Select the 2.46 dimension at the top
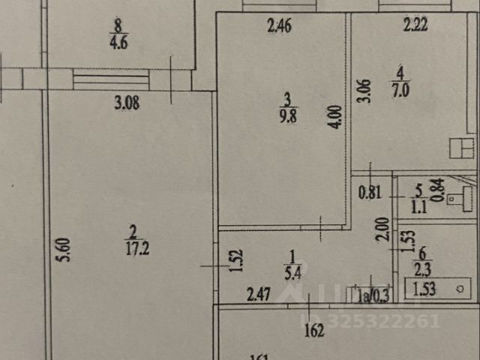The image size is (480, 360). [x=279, y=28]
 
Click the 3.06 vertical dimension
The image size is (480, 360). [x=363, y=91]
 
